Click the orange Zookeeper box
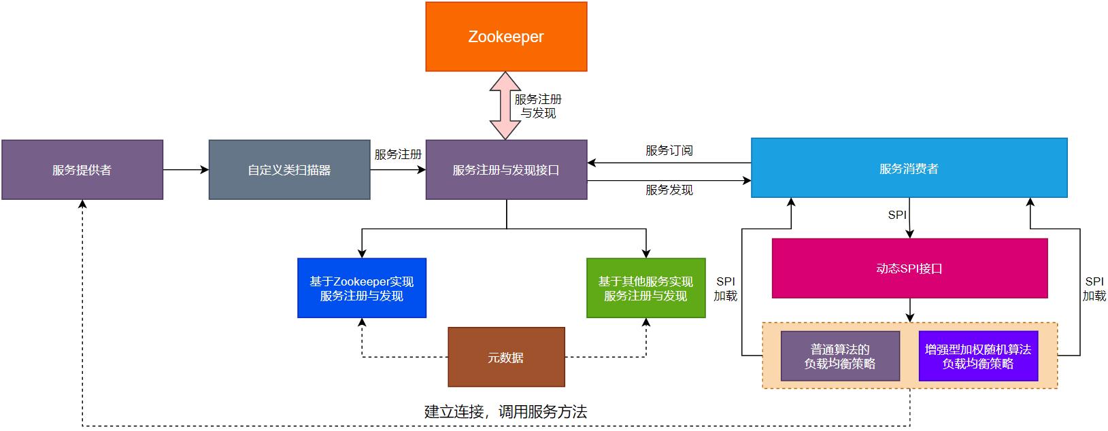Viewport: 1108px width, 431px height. tap(506, 37)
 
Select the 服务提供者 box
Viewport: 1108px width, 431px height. tap(82, 170)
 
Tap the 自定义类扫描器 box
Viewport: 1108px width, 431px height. tap(289, 170)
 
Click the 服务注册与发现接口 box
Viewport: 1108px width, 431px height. tap(506, 170)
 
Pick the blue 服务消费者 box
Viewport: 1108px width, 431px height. tap(909, 168)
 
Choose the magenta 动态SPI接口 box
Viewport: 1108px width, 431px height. tap(909, 269)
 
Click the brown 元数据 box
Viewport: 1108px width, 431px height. tap(506, 358)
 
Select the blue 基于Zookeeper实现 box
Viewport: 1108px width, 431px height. tap(362, 288)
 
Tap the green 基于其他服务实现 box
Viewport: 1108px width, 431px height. tap(645, 288)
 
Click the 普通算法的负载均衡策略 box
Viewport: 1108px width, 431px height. tap(840, 356)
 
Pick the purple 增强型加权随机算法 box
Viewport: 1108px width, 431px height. tap(978, 356)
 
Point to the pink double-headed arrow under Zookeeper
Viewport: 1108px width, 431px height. tap(505, 105)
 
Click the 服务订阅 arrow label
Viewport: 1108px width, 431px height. tap(669, 150)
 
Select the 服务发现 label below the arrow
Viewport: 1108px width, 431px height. tap(669, 190)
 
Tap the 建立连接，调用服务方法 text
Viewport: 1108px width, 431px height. tap(505, 411)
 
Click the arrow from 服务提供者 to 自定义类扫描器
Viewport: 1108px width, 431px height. tap(186, 170)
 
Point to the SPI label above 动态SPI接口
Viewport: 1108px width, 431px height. tap(897, 215)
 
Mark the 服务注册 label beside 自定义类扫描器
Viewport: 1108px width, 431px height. tap(398, 154)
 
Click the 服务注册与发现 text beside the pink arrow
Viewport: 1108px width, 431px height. tap(538, 106)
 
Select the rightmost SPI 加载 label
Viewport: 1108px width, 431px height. tap(1094, 289)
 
